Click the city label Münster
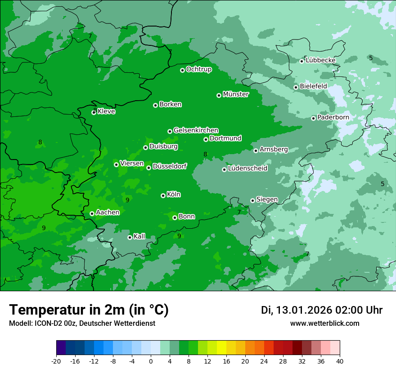(236, 94)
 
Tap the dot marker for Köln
(163, 195)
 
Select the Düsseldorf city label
(170, 167)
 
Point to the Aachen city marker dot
(92, 213)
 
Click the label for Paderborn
(333, 117)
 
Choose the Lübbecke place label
(320, 60)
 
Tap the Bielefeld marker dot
(296, 87)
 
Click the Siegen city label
(267, 200)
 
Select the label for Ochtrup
(199, 69)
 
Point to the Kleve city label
(106, 111)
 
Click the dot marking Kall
(130, 237)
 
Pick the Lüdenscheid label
(247, 169)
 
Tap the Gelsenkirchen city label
(196, 130)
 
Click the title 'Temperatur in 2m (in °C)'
(89, 310)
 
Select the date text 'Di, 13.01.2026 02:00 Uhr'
(322, 310)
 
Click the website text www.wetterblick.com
(324, 324)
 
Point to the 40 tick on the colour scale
(340, 361)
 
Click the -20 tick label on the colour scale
(56, 361)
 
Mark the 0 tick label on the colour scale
(151, 361)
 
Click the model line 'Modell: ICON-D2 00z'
(82, 324)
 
